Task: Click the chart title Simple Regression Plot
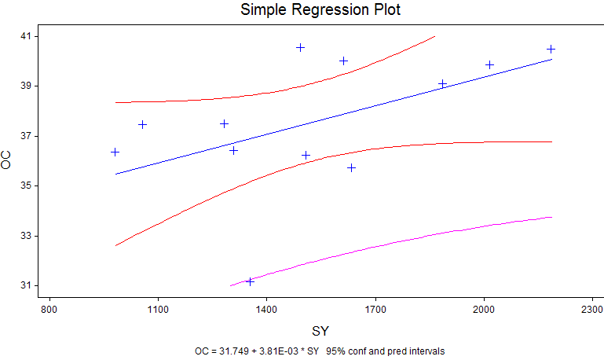(x=320, y=9)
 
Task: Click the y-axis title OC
(x=5, y=160)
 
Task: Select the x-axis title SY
(x=320, y=331)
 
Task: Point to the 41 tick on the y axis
(x=26, y=36)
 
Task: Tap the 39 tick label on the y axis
(x=26, y=86)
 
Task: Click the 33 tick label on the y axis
(x=26, y=236)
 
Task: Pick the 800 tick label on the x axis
(x=49, y=310)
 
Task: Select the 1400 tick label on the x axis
(x=266, y=310)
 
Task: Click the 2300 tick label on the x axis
(x=592, y=310)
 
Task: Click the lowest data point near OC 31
(x=250, y=281)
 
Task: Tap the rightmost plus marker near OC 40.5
(x=551, y=49)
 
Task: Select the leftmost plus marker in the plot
(x=115, y=152)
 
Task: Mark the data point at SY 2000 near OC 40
(x=489, y=64)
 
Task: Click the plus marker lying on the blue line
(x=443, y=83)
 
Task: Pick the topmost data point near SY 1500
(x=301, y=47)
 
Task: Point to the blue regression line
(x=334, y=117)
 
